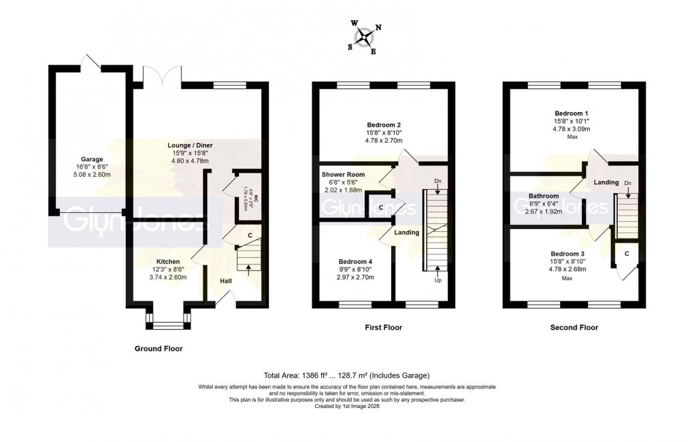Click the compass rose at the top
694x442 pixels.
(x=365, y=37)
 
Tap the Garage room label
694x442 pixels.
(x=87, y=159)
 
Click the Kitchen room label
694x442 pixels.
(x=168, y=261)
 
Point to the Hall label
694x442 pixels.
(x=226, y=280)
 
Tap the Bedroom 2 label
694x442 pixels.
(x=383, y=124)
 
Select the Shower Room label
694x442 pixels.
(x=343, y=174)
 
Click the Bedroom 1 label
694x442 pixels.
(x=572, y=113)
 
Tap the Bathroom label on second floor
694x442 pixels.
(x=544, y=196)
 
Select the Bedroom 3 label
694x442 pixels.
(x=572, y=253)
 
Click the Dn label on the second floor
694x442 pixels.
(x=627, y=184)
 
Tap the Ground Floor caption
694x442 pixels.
(x=159, y=348)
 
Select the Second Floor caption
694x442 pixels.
(x=574, y=327)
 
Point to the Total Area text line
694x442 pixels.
(x=346, y=375)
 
